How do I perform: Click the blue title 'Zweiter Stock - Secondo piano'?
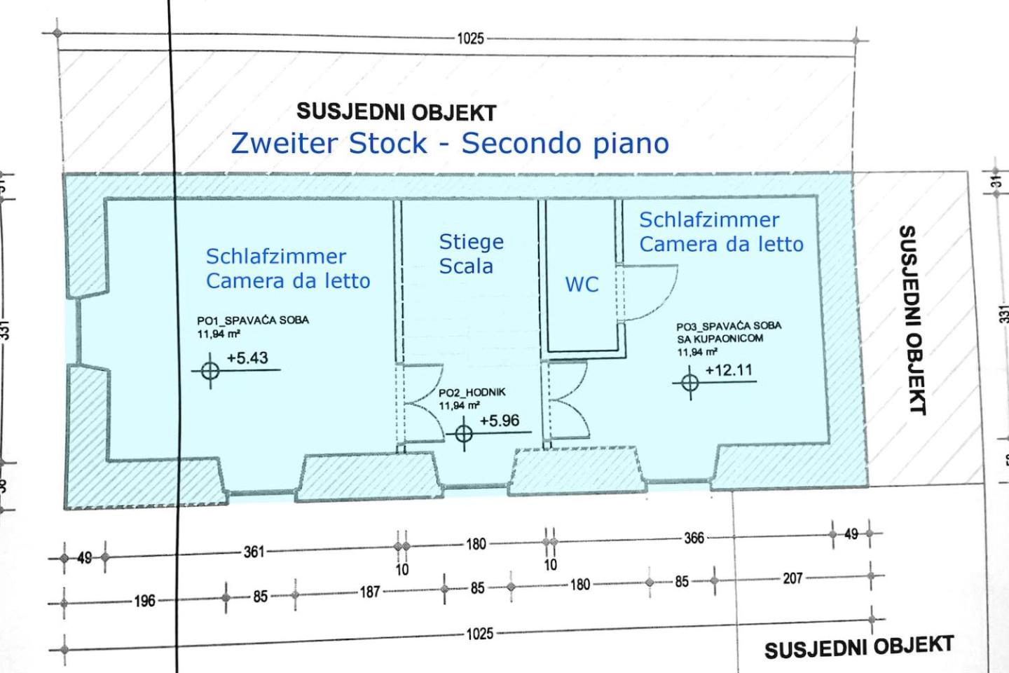[450, 144]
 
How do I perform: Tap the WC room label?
[582, 285]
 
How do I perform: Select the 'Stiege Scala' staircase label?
[471, 254]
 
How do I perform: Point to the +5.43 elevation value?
[247, 358]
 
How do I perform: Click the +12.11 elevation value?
[729, 370]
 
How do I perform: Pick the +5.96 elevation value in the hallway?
[500, 421]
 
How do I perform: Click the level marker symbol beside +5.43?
[210, 371]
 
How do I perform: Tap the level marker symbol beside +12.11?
[689, 383]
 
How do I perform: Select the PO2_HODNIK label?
[472, 393]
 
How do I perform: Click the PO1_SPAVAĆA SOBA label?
[253, 320]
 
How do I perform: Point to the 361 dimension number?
[254, 552]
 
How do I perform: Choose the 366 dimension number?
[694, 538]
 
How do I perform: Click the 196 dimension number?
[144, 601]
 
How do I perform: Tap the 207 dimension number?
[792, 578]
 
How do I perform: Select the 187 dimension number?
[370, 592]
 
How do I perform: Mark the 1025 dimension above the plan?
[470, 39]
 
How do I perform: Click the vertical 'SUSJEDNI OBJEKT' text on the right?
[912, 320]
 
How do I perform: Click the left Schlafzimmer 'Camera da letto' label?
[288, 281]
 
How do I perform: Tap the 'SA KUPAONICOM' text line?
[720, 339]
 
